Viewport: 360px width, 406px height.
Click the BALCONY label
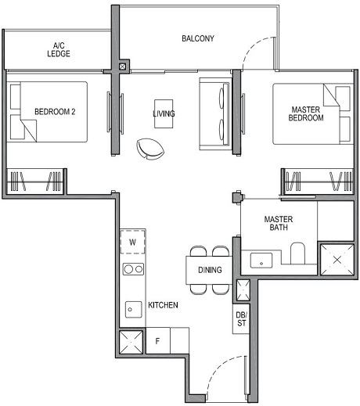pyautogui.click(x=197, y=38)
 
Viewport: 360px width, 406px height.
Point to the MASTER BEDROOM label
pyautogui.click(x=306, y=114)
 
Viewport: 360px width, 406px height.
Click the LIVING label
pyautogui.click(x=164, y=114)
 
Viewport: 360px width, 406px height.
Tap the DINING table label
pyautogui.click(x=210, y=270)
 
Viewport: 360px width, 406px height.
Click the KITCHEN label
pyautogui.click(x=163, y=304)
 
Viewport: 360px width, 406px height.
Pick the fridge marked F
pyautogui.click(x=157, y=341)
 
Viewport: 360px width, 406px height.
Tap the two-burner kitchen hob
pyautogui.click(x=133, y=270)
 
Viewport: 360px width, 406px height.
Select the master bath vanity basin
pyautogui.click(x=259, y=259)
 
